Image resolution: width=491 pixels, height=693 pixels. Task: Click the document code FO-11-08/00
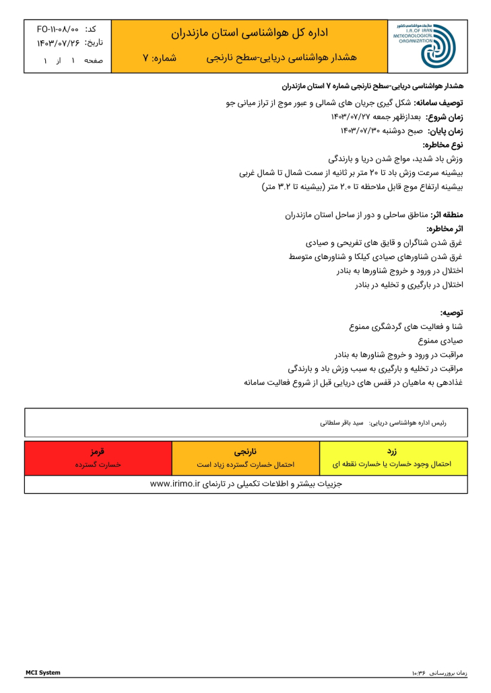[58, 30]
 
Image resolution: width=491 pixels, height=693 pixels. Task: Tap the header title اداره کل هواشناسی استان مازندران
[250, 32]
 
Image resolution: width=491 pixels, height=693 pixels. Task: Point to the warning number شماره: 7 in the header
[160, 59]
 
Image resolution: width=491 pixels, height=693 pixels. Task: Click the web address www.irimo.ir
[176, 484]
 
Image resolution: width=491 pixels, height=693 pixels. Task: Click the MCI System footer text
[42, 673]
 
